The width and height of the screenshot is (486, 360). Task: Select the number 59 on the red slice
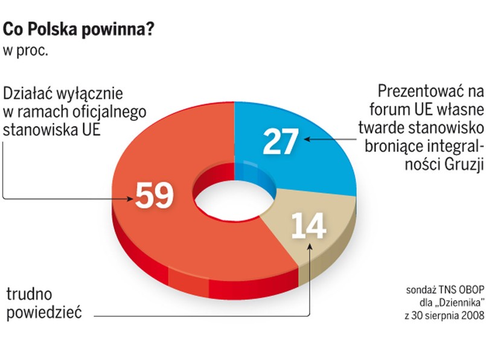coord(154,194)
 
